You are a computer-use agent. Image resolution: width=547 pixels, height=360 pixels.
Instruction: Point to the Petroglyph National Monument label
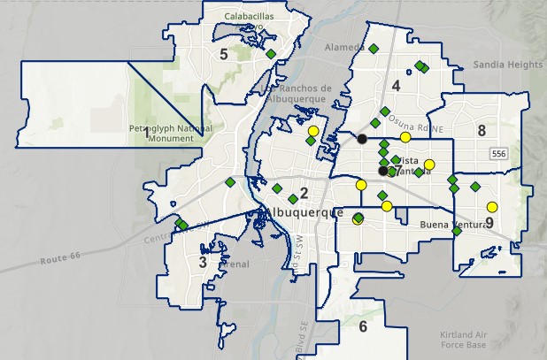(170, 134)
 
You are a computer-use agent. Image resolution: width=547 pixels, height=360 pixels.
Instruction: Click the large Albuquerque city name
(302, 213)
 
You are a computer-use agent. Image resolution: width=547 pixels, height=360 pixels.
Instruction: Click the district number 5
(224, 55)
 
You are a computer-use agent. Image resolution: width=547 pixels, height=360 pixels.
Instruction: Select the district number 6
(363, 327)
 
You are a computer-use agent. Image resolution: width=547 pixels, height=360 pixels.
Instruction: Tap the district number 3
(203, 262)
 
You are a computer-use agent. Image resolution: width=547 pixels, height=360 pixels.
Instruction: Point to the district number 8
(482, 131)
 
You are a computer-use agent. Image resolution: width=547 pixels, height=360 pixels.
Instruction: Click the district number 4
(396, 86)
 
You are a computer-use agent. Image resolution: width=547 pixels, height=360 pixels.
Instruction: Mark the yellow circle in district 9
(492, 208)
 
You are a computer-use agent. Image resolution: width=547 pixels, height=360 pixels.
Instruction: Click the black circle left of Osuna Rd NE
(362, 139)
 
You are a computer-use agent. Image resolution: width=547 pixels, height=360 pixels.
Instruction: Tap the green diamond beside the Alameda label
(374, 47)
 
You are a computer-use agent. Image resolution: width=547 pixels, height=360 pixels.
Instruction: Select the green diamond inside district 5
(271, 54)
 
